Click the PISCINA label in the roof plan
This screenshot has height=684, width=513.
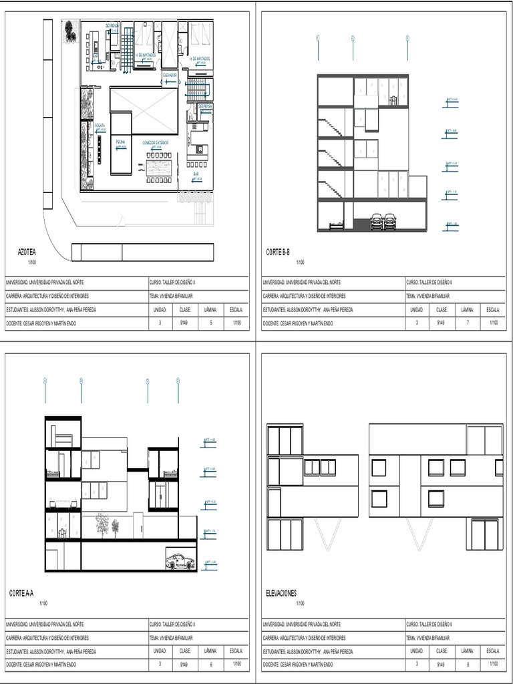pos(120,142)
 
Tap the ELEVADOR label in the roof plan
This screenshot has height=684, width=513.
pos(170,75)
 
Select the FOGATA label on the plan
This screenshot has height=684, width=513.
pos(100,125)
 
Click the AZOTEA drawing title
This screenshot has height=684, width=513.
pos(27,252)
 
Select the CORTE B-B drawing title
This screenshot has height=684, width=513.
pos(278,252)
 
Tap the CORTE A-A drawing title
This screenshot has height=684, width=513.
pos(22,593)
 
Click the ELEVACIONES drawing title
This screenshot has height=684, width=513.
pos(281,593)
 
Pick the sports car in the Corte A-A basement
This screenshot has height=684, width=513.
pos(180,562)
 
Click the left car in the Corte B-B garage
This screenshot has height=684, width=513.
pos(377,222)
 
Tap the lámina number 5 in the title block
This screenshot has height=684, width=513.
pos(210,323)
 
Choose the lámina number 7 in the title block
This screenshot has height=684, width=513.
pos(468,323)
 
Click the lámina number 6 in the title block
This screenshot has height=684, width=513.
pos(210,665)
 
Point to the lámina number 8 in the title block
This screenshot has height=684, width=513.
pos(468,665)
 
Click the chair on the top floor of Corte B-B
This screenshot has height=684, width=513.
pos(393,101)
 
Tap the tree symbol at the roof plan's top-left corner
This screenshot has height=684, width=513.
pos(69,29)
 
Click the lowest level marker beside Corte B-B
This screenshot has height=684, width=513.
pos(452,224)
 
